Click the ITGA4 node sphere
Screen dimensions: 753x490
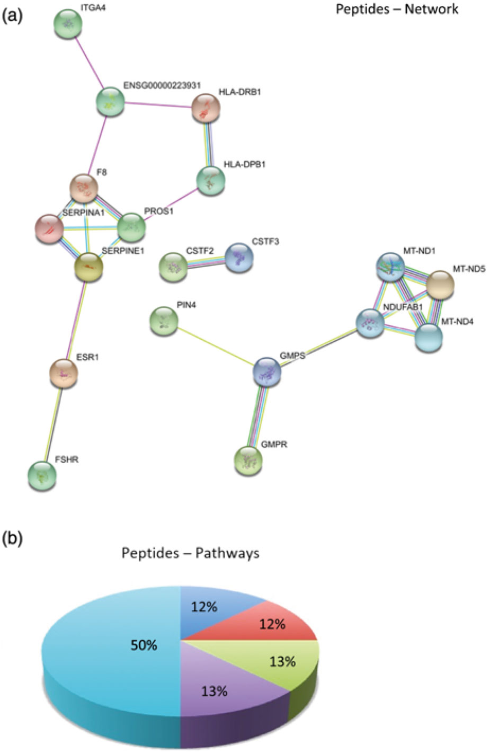(69, 23)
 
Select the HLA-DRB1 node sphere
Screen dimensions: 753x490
(206, 108)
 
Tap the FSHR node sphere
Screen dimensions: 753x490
(42, 474)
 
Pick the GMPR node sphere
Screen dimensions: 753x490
(247, 459)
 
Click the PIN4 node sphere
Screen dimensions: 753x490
(164, 321)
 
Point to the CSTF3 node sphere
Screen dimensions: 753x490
(239, 258)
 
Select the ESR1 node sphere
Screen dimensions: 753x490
(64, 373)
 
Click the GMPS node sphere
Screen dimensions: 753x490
(267, 371)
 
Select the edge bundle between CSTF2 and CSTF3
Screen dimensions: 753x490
(206, 261)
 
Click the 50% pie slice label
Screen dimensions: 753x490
(144, 645)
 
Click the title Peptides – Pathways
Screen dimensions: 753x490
(190, 553)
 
